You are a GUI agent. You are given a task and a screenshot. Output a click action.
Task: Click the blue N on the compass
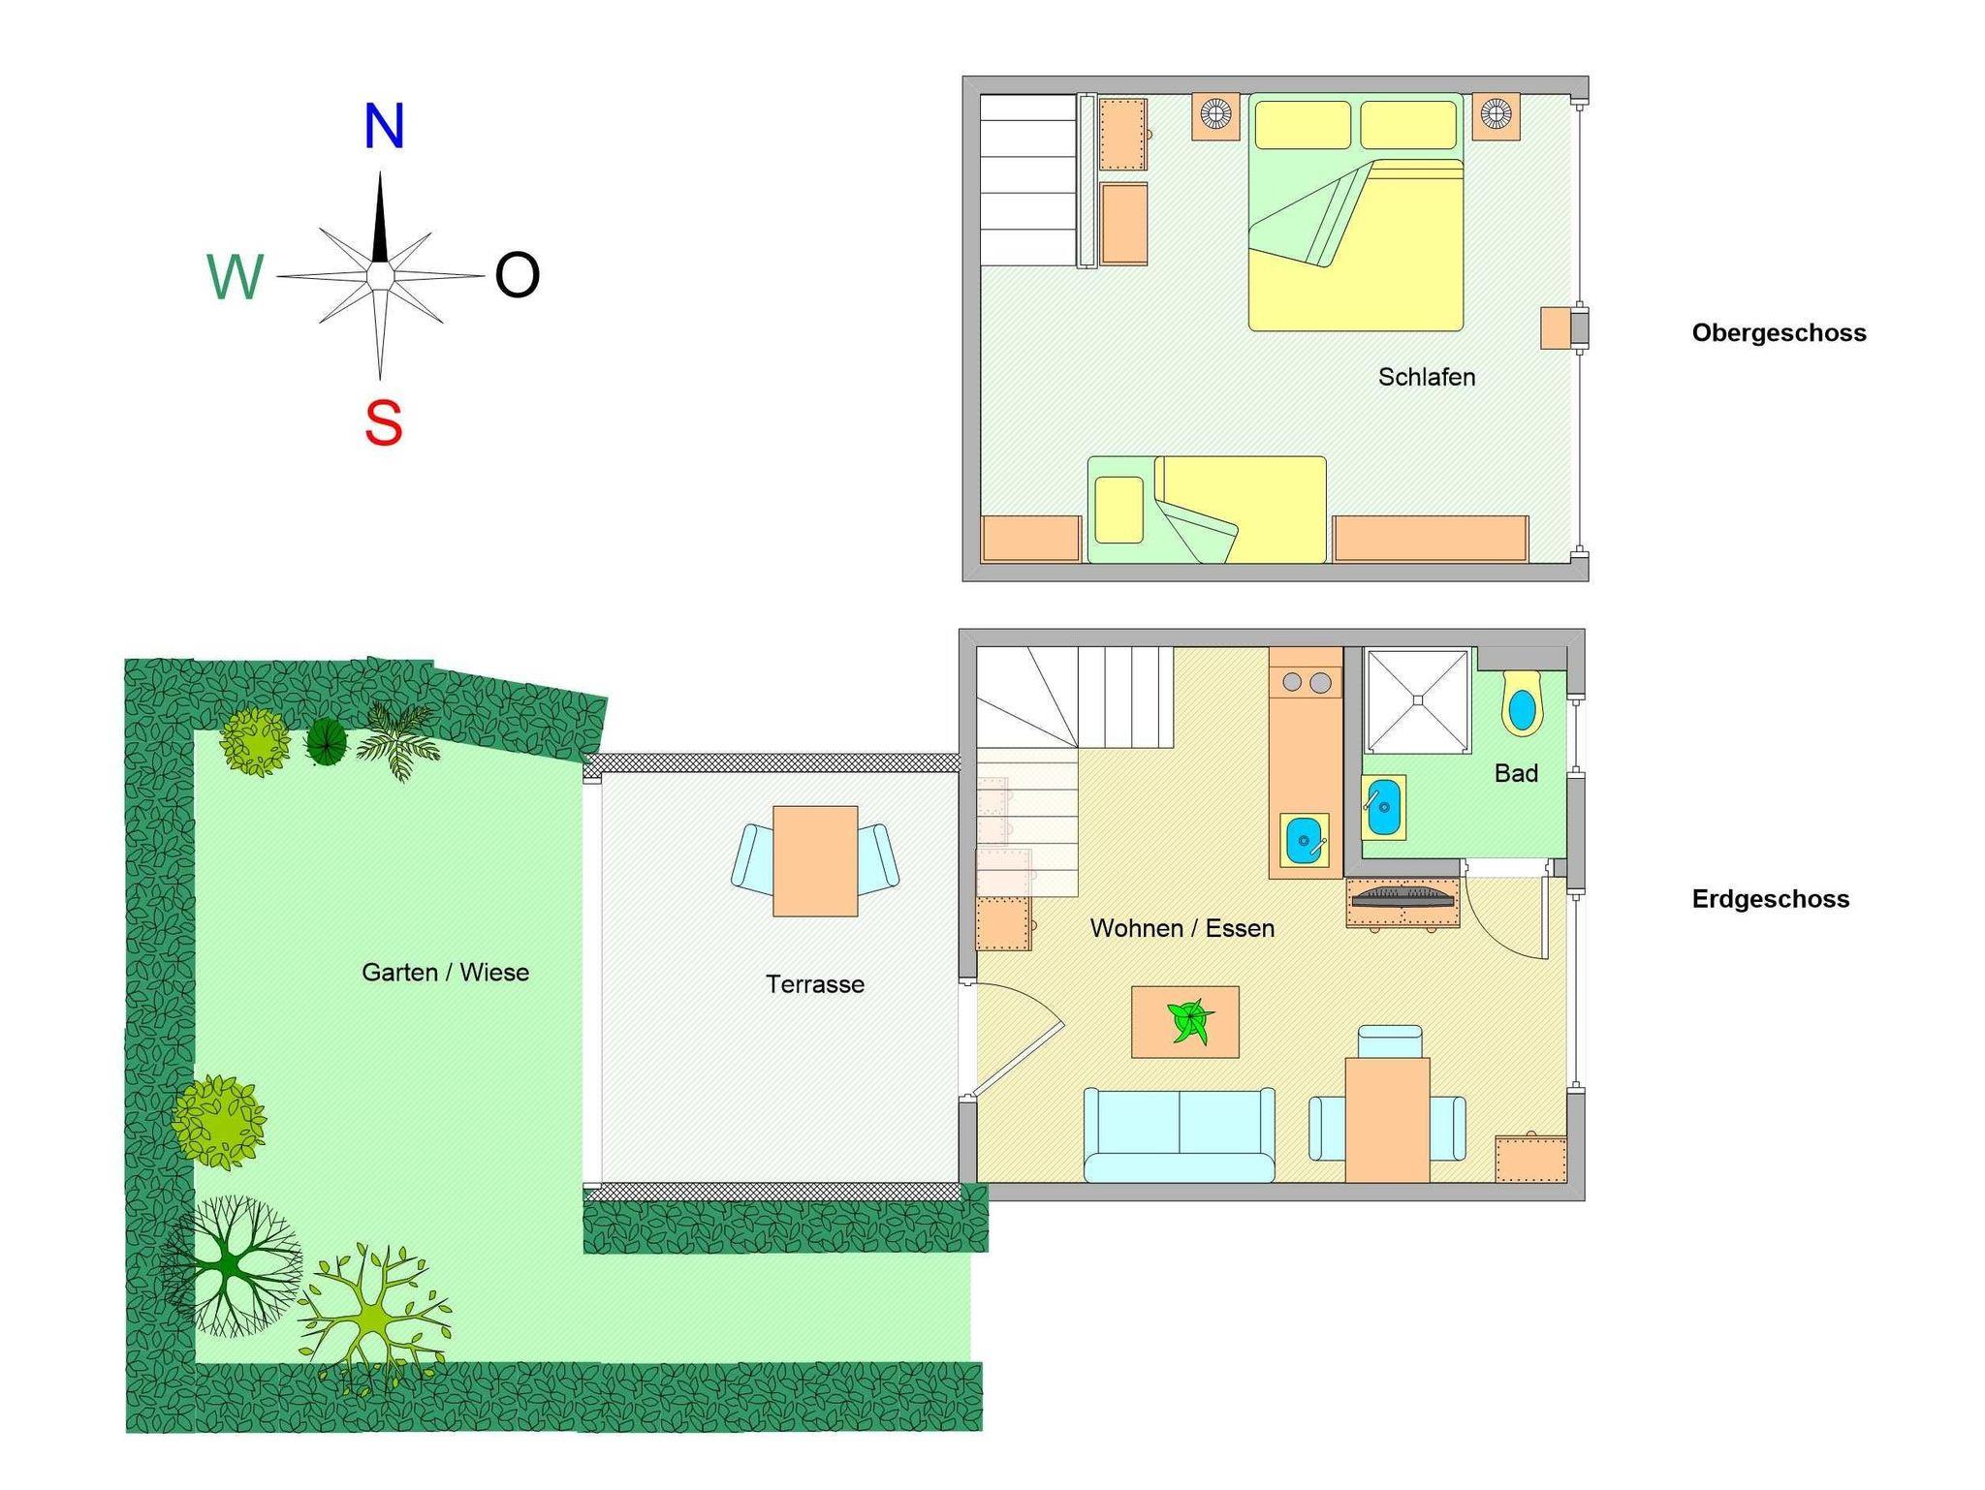384,126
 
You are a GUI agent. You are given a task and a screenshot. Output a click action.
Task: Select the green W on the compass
235,278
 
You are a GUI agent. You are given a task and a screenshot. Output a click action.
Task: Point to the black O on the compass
517,275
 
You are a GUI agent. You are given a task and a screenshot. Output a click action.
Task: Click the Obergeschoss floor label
1779,333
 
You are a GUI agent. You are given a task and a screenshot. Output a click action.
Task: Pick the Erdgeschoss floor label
1771,899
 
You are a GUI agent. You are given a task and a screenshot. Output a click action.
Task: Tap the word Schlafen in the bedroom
1427,377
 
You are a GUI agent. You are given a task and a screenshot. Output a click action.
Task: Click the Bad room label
1516,773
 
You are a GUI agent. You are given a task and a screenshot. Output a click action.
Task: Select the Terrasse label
815,984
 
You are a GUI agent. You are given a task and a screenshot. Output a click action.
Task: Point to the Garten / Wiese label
446,972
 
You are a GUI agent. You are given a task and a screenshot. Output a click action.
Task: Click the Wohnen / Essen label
1182,928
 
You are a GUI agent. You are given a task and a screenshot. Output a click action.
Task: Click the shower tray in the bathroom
1418,700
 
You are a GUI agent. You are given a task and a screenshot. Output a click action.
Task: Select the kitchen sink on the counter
1305,840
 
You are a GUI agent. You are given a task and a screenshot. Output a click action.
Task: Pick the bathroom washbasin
1383,806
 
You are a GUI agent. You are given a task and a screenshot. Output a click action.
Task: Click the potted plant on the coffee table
1189,1021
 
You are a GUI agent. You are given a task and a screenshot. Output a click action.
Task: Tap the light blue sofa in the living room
1179,1134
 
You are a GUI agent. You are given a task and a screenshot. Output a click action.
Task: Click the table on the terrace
815,861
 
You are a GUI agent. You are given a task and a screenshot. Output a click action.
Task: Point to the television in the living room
1402,896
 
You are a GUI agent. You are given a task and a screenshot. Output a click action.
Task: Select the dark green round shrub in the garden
327,743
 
